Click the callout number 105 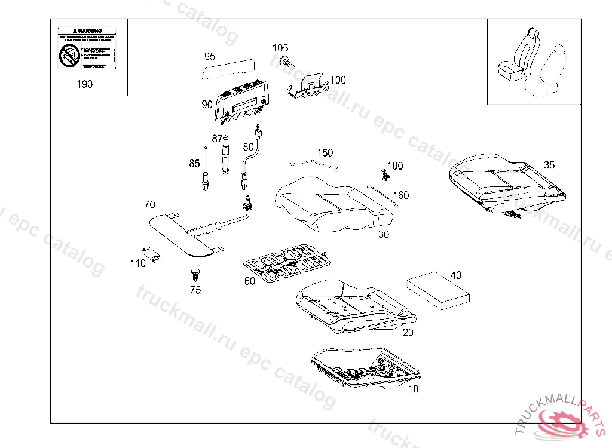tap(280, 48)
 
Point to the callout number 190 tap(85, 84)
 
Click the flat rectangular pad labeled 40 tap(438, 290)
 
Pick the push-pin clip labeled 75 tap(193, 275)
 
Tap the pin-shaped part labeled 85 tap(205, 170)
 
